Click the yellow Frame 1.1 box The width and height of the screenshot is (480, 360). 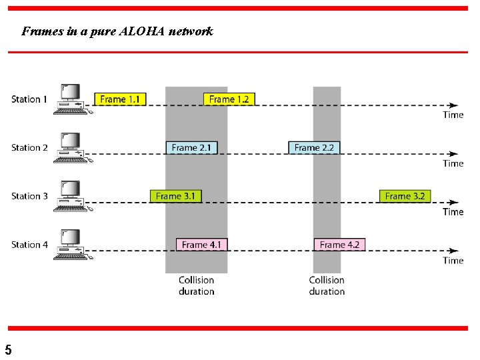[120, 99]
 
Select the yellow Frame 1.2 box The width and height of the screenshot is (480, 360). [229, 99]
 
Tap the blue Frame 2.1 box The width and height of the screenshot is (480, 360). [191, 148]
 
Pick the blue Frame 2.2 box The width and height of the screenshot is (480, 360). [314, 148]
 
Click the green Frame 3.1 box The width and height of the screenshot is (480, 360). [175, 196]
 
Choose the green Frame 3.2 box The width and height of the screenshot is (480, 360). [405, 196]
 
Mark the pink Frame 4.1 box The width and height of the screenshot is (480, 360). [202, 245]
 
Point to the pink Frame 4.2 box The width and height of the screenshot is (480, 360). [339, 245]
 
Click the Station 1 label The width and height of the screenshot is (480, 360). [29, 99]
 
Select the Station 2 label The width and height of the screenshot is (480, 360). [29, 148]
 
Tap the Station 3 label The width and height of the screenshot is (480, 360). [29, 197]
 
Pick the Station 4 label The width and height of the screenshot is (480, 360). [29, 245]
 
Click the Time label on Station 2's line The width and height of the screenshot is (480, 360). [453, 163]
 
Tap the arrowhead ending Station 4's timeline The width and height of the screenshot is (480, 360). [453, 250]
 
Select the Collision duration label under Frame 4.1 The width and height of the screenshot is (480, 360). [196, 286]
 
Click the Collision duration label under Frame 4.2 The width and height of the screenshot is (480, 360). [327, 286]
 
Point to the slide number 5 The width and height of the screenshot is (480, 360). [8, 349]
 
